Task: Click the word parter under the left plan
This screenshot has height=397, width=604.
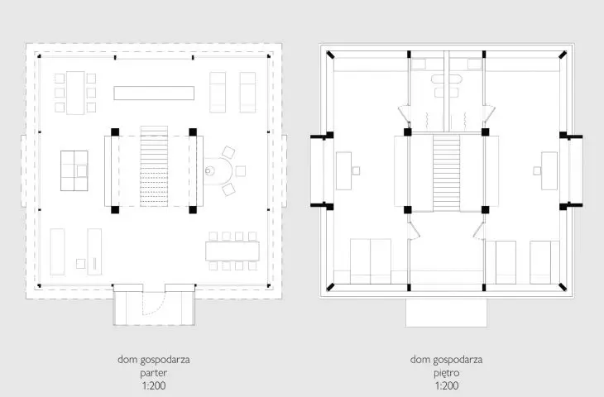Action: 154,373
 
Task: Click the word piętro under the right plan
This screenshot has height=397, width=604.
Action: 447,373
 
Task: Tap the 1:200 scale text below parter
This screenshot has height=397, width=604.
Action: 154,385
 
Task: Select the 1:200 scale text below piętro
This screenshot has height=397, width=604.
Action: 447,385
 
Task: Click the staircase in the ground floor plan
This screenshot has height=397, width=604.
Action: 154,166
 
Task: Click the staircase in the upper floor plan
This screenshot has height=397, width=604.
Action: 447,173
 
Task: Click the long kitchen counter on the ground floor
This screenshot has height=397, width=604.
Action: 154,93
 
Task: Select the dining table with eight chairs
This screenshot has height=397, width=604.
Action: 232,251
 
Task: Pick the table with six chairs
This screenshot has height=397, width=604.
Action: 75,93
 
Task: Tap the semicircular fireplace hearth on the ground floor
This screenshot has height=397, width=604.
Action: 218,171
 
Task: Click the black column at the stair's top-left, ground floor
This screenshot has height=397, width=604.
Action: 115,132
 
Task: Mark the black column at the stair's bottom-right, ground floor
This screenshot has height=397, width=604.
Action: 193,210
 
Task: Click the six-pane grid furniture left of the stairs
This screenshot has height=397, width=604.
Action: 74,170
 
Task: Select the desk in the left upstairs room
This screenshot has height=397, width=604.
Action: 343,171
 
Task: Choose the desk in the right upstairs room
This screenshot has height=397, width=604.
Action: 549,171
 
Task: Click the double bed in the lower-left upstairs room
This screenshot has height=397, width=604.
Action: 371,261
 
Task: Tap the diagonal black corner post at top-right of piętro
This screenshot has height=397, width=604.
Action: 563,55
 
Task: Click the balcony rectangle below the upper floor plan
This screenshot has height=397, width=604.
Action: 446,313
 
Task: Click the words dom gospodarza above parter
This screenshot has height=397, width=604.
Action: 154,360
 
